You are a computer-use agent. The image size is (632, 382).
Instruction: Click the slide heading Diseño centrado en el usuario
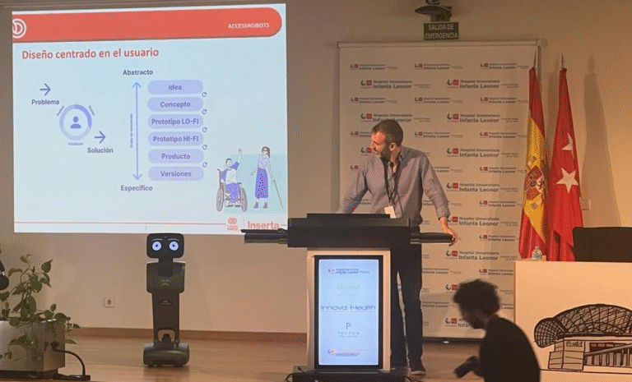pyautogui.click(x=91, y=53)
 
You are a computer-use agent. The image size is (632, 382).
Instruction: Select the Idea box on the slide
pyautogui.click(x=175, y=87)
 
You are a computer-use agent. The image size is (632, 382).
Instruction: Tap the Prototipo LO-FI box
pyautogui.click(x=175, y=122)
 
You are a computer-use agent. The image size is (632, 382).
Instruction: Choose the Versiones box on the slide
pyautogui.click(x=175, y=173)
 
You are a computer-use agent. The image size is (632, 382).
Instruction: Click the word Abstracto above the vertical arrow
pyautogui.click(x=137, y=72)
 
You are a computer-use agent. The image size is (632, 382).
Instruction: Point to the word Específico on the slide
pyautogui.click(x=137, y=188)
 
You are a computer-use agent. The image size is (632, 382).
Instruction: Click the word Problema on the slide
pyautogui.click(x=45, y=102)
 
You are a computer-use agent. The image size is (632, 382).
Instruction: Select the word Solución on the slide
pyautogui.click(x=100, y=151)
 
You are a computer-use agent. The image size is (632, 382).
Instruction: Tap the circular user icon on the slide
pyautogui.click(x=76, y=122)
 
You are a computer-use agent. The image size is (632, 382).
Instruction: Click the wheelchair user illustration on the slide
pyautogui.click(x=230, y=185)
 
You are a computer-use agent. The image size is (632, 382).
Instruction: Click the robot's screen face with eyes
pyautogui.click(x=165, y=245)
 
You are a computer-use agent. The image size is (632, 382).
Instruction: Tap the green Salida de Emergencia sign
pyautogui.click(x=441, y=30)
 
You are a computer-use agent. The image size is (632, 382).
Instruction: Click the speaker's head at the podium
pyautogui.click(x=387, y=138)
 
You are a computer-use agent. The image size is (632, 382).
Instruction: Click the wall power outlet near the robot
pyautogui.click(x=109, y=301)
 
